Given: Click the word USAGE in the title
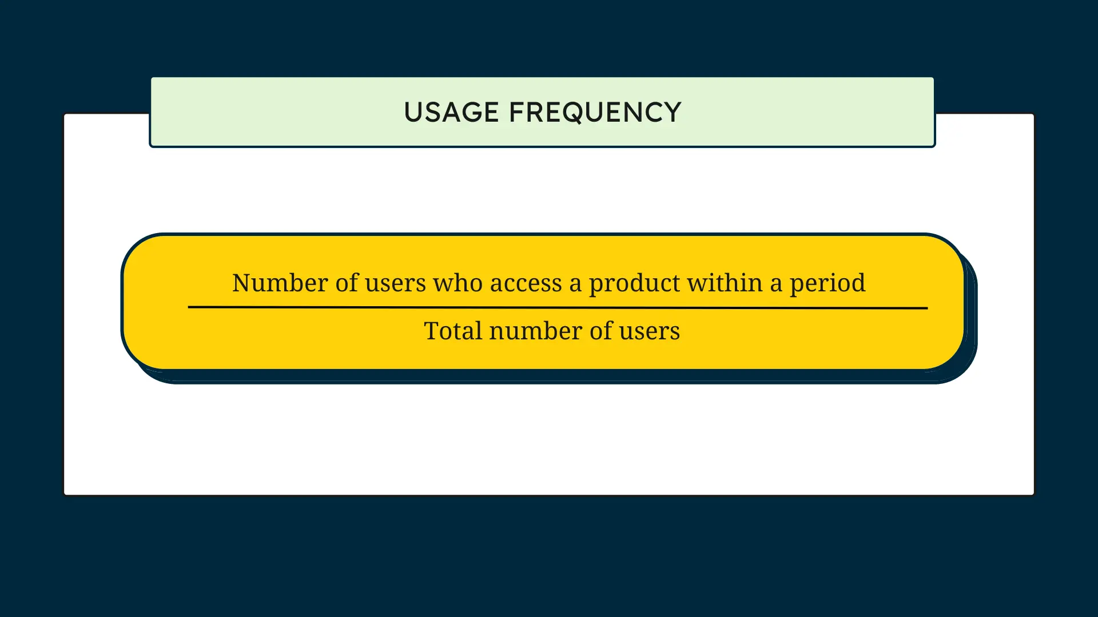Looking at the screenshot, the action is [452, 112].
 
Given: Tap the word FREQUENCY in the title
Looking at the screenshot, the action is [595, 113].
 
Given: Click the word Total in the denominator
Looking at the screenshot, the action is [453, 331].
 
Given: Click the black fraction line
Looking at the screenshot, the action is [558, 307].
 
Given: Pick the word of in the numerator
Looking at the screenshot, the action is [347, 283].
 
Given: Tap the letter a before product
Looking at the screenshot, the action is [575, 285].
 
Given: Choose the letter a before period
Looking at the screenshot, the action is [776, 285].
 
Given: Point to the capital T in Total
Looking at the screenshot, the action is [432, 331].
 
